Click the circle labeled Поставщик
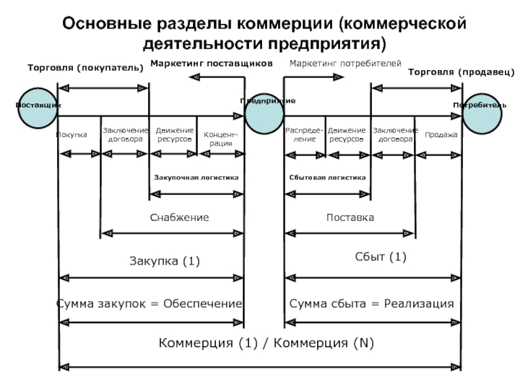click(38, 108)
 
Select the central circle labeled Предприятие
click(264, 114)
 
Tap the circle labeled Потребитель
click(482, 114)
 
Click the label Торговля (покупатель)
click(85, 68)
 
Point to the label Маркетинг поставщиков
click(212, 63)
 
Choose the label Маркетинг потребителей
click(345, 63)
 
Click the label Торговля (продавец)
click(461, 72)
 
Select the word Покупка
click(71, 135)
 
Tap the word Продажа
click(441, 135)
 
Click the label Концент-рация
click(220, 139)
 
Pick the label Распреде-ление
click(304, 135)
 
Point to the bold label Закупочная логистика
click(196, 177)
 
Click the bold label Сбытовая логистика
click(328, 177)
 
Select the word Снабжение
click(179, 217)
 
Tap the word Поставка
click(350, 217)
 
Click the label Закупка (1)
click(164, 261)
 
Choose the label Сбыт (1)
click(380, 257)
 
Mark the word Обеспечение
click(203, 304)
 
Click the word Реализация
click(419, 304)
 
